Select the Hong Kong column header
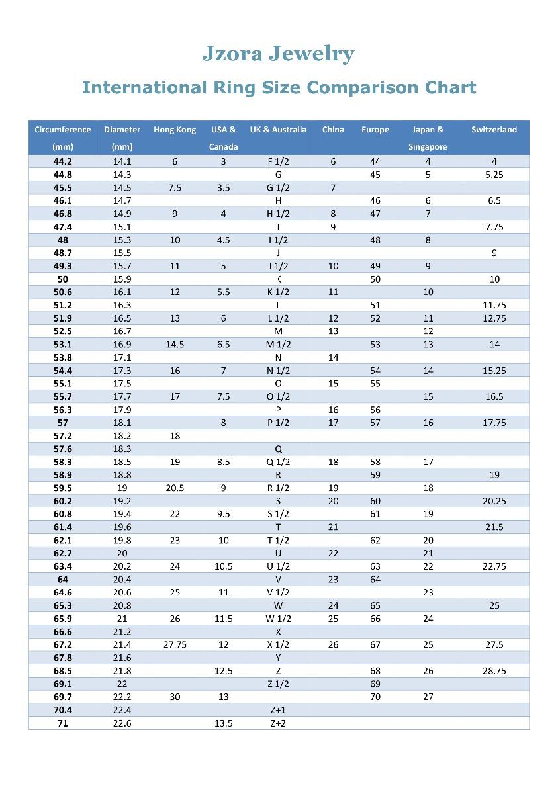(x=175, y=130)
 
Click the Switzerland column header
(x=494, y=130)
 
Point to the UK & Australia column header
(x=278, y=130)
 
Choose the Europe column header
(x=375, y=130)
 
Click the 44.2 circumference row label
(x=63, y=161)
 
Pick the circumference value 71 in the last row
(x=63, y=723)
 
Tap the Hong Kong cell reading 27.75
(x=175, y=644)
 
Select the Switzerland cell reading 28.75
(x=494, y=671)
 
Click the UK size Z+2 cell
(x=278, y=723)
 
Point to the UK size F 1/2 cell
(x=278, y=161)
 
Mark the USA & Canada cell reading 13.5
(x=224, y=723)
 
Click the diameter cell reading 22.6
(x=122, y=723)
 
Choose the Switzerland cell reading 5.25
(x=494, y=175)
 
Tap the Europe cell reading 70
(x=375, y=697)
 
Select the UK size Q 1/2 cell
(x=278, y=462)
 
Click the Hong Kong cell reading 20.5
(x=175, y=488)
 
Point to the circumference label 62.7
(x=63, y=553)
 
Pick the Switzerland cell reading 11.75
(x=494, y=305)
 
